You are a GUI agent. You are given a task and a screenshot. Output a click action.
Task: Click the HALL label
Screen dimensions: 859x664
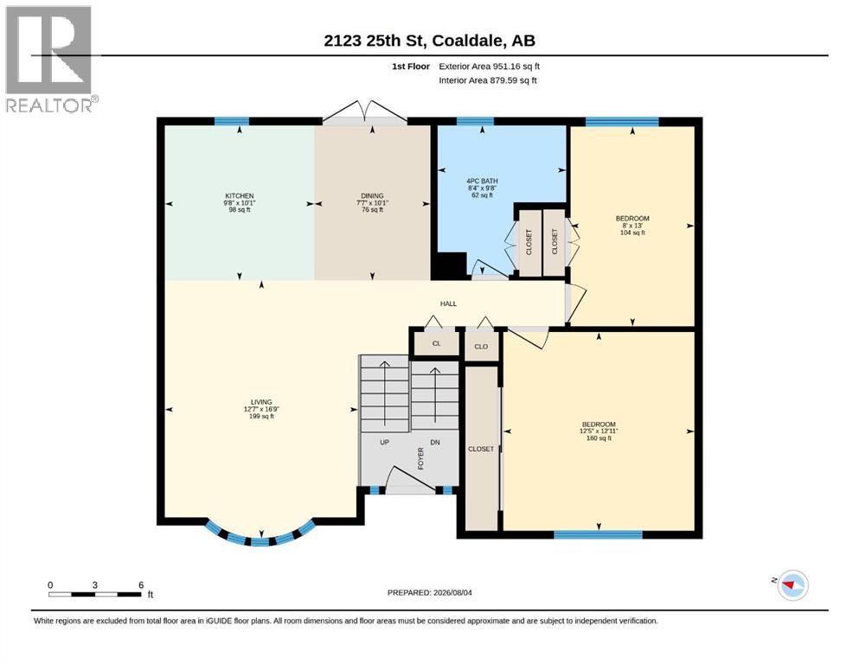[x=448, y=303]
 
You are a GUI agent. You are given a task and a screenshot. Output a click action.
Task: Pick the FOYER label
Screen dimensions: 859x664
[x=420, y=459]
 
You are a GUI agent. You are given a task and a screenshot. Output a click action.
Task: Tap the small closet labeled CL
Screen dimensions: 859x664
[x=437, y=344]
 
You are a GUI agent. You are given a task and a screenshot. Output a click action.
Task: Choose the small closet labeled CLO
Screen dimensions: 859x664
[x=482, y=347]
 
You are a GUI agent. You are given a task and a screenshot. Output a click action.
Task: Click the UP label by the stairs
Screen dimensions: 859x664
[x=385, y=443]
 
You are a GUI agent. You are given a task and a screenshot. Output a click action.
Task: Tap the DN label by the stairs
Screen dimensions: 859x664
[x=435, y=443]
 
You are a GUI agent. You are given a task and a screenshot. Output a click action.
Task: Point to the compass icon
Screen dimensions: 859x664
[x=793, y=584]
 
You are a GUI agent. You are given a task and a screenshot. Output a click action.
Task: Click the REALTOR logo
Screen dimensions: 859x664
[x=51, y=59]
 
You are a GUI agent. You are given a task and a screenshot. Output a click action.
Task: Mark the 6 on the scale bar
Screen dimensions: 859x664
[x=141, y=584]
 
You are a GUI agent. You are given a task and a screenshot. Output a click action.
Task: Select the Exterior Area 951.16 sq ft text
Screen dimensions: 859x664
[x=490, y=67]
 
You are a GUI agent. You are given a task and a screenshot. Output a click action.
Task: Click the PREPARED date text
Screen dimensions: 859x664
[x=429, y=592]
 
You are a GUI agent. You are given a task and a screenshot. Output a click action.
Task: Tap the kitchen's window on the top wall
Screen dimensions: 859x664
[x=232, y=122]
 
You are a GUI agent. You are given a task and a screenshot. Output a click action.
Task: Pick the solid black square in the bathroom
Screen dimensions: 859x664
[x=449, y=266]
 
